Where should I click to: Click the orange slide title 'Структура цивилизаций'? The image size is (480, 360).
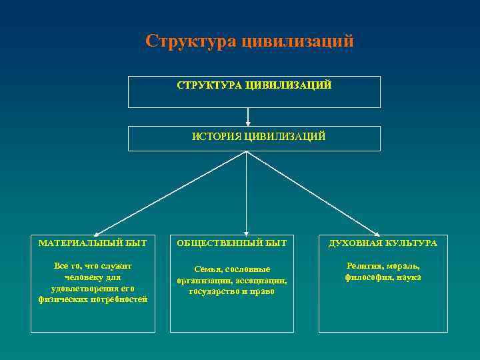tap(249, 41)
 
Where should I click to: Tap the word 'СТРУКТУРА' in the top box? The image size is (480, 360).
tap(209, 86)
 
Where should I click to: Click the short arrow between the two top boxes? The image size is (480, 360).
tap(247, 117)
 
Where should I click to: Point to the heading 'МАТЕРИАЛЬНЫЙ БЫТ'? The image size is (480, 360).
tap(93, 243)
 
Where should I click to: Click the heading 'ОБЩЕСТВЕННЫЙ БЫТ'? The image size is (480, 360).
tap(232, 243)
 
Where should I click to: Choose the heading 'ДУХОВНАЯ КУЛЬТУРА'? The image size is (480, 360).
tap(383, 243)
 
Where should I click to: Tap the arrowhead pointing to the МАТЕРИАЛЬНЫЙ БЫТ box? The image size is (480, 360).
tap(95, 231)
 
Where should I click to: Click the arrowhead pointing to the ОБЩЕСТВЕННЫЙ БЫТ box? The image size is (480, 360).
tap(246, 231)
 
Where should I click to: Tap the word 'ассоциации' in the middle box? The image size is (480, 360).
tap(262, 281)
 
